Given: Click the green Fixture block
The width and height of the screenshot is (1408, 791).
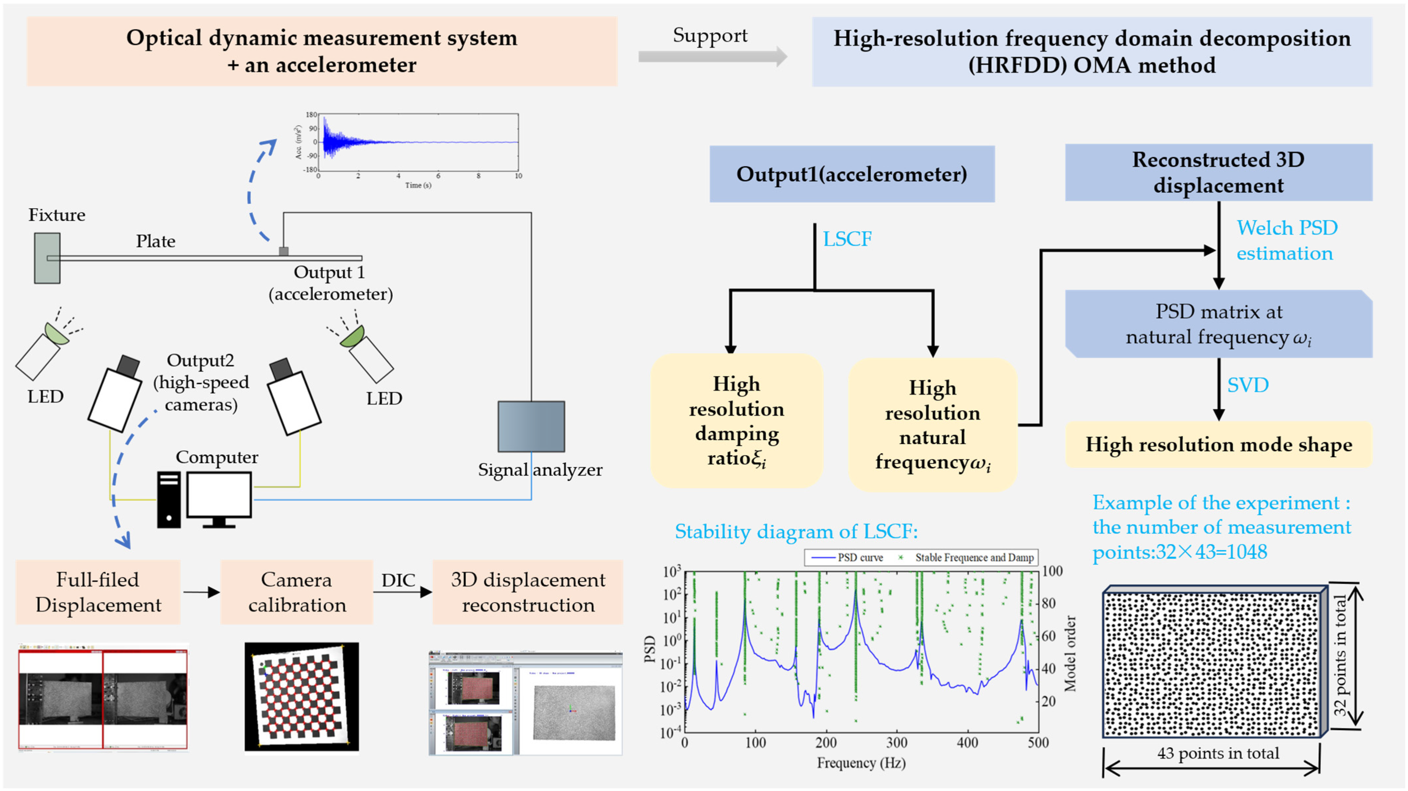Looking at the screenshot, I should tap(47, 258).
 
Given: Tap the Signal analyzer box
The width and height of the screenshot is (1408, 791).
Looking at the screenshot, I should tap(531, 426).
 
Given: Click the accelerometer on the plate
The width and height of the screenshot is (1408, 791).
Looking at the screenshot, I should tap(283, 251).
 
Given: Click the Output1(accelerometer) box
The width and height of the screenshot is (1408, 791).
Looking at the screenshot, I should tap(852, 174).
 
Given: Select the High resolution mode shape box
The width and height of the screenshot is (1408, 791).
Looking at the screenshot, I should tap(1218, 445).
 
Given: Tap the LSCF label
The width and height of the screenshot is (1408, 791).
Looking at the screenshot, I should tap(847, 239).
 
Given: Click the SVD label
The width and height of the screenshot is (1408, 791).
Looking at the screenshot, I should tap(1248, 385).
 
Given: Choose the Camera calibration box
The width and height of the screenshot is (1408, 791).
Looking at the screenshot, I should tap(297, 592).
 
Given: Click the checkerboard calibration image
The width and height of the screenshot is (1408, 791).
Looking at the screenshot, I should tap(301, 696).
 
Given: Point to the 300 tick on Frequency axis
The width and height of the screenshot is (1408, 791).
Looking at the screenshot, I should tap(896, 743).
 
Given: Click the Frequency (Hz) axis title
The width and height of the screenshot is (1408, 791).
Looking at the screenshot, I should tap(861, 763).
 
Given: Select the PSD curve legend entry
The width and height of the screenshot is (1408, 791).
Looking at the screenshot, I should tap(847, 557).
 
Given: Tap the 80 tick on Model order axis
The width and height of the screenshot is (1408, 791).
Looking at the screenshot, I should tap(1048, 603).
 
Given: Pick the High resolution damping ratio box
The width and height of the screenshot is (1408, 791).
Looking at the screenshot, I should tap(736, 421).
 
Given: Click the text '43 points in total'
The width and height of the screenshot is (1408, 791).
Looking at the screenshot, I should tap(1218, 753).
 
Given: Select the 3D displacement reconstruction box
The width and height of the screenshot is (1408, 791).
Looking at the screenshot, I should tap(528, 592).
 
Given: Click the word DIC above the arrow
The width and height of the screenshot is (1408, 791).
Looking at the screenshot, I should tap(398, 580).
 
